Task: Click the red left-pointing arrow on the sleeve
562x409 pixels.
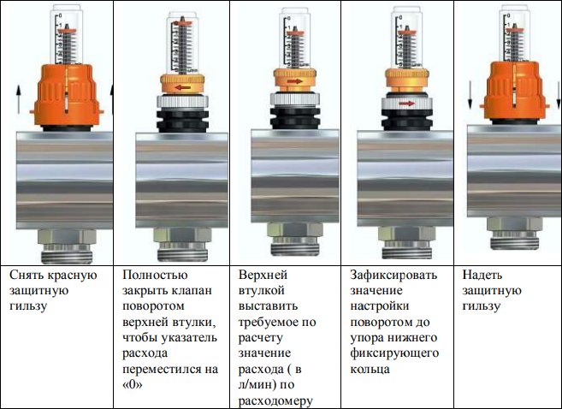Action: [x=182, y=87]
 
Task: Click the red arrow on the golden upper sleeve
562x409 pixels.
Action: [x=294, y=81]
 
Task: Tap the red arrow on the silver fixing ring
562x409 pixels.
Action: [x=407, y=104]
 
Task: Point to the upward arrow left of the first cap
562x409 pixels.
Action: [x=19, y=100]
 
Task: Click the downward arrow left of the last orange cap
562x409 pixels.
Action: [x=470, y=95]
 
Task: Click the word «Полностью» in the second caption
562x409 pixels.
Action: [x=155, y=275]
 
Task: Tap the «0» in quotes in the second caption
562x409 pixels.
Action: [x=132, y=385]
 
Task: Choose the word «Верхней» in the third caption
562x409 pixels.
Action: [x=263, y=275]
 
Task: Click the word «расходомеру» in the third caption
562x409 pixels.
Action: [x=275, y=401]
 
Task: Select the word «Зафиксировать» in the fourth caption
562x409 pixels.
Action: [x=393, y=275]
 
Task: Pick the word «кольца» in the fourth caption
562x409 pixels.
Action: [x=370, y=369]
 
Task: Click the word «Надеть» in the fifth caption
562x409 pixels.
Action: [x=482, y=275]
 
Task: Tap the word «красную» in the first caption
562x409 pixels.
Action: [x=73, y=275]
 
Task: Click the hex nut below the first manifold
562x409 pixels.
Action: [x=67, y=236]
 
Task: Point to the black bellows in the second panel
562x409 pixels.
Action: [x=182, y=120]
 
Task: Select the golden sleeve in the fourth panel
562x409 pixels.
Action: [x=407, y=78]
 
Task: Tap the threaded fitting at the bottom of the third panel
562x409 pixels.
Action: [x=294, y=247]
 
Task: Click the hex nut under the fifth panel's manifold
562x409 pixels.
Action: [x=515, y=223]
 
